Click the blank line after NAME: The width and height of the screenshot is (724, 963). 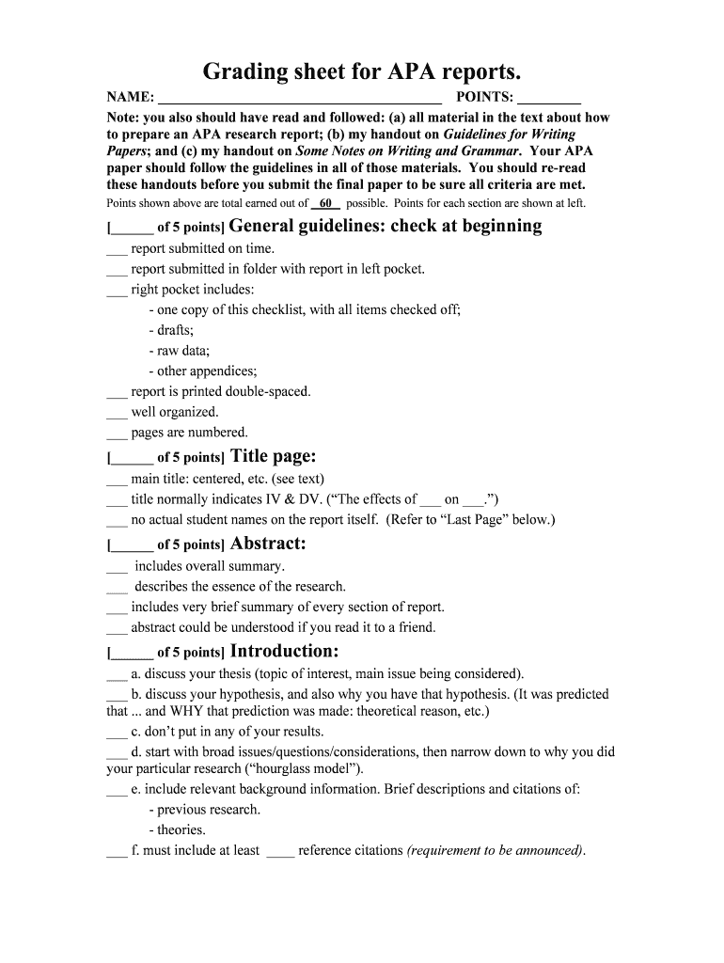coord(300,98)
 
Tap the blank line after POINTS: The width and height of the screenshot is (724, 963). coord(549,98)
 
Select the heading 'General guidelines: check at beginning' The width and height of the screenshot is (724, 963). coord(386,226)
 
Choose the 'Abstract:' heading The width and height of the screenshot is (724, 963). coord(268,544)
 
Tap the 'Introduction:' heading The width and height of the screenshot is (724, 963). coord(284,652)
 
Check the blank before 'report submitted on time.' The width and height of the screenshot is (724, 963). coord(116,250)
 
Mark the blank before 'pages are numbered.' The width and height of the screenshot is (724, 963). coord(116,434)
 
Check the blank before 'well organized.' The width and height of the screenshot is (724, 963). coord(116,413)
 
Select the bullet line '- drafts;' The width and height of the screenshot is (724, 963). coord(171,330)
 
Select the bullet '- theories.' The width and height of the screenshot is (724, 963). coord(177,829)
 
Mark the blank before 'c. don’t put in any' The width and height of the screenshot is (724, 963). coord(116,733)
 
